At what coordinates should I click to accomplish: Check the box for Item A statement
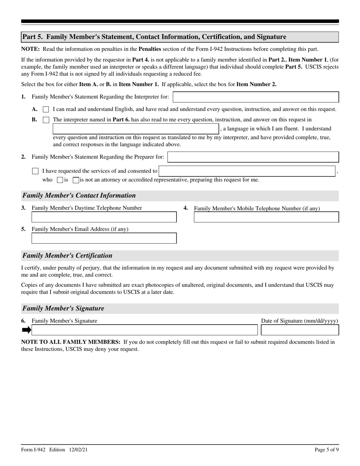(46, 109)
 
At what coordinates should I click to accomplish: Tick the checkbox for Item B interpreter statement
(46, 120)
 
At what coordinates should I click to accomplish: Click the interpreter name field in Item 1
(256, 97)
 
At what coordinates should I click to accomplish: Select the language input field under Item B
(136, 129)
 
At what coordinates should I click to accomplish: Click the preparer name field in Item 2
(253, 157)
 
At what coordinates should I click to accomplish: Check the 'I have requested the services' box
(36, 171)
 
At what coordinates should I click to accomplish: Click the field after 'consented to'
(247, 171)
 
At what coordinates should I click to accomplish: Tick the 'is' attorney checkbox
(60, 180)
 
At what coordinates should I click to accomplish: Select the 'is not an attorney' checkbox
(76, 180)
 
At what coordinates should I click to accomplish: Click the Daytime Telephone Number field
(104, 217)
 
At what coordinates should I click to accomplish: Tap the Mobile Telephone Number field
(266, 217)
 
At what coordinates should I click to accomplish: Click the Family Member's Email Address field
(104, 238)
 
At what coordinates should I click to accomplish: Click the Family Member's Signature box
(144, 330)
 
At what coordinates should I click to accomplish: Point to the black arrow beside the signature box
(26, 330)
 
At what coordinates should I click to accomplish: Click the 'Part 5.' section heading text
(154, 37)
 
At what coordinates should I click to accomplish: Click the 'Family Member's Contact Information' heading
(79, 195)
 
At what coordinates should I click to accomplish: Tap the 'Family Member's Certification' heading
(67, 255)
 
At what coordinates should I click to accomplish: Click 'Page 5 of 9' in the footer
(327, 450)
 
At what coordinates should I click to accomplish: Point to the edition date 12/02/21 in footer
(79, 450)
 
